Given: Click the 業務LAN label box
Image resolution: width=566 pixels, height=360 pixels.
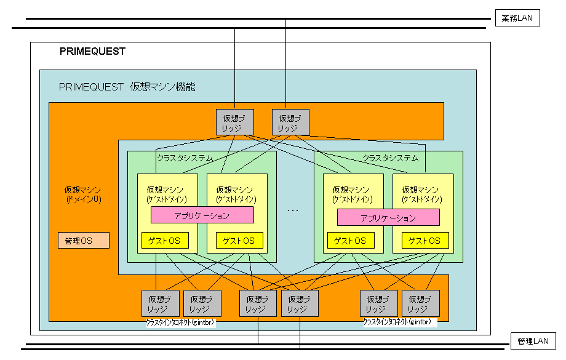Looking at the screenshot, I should pos(517,18).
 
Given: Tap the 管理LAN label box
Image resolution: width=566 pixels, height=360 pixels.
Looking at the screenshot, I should pos(533,341).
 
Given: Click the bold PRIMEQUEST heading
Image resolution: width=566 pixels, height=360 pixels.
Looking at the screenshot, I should pos(92,52).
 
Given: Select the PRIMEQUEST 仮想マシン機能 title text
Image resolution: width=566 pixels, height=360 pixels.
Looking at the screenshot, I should pos(127,87).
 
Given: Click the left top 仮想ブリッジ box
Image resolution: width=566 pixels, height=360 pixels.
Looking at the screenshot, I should pos(235,122).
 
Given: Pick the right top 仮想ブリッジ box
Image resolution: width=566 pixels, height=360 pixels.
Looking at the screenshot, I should pos(290,122).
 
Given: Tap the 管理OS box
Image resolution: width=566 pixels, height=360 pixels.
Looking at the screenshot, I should pos(83,240).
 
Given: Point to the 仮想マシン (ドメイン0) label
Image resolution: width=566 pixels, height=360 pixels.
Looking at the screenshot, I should pos(83,194).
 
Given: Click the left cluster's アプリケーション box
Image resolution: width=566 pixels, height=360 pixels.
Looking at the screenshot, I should pos(202,215).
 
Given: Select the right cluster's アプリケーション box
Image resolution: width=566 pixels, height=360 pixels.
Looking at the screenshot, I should pos(388,217).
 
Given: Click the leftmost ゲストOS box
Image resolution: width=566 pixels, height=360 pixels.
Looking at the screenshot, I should pos(165,240).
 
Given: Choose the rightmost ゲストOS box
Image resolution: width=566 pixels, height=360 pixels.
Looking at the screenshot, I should pos(425,240).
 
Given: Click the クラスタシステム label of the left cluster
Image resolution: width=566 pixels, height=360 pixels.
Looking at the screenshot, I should pos(185,158).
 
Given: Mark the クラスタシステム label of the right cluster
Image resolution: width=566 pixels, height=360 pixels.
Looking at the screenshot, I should pos(390,158).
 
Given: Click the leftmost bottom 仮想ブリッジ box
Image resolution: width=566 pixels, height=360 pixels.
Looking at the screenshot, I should pos(160,303).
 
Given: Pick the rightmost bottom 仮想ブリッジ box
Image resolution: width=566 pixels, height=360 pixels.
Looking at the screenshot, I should pos(421,303).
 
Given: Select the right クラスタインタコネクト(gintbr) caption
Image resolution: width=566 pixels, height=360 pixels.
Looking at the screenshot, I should pos(397,322).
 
